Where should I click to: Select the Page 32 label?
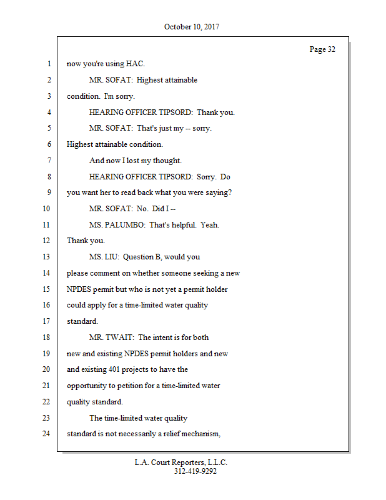[322, 49]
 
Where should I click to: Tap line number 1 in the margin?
[48, 64]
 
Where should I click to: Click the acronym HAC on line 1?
[135, 64]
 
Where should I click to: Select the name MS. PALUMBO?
[116, 225]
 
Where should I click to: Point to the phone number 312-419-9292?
[195, 472]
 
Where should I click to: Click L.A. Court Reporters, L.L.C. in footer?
[181, 462]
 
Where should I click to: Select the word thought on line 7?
[168, 161]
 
